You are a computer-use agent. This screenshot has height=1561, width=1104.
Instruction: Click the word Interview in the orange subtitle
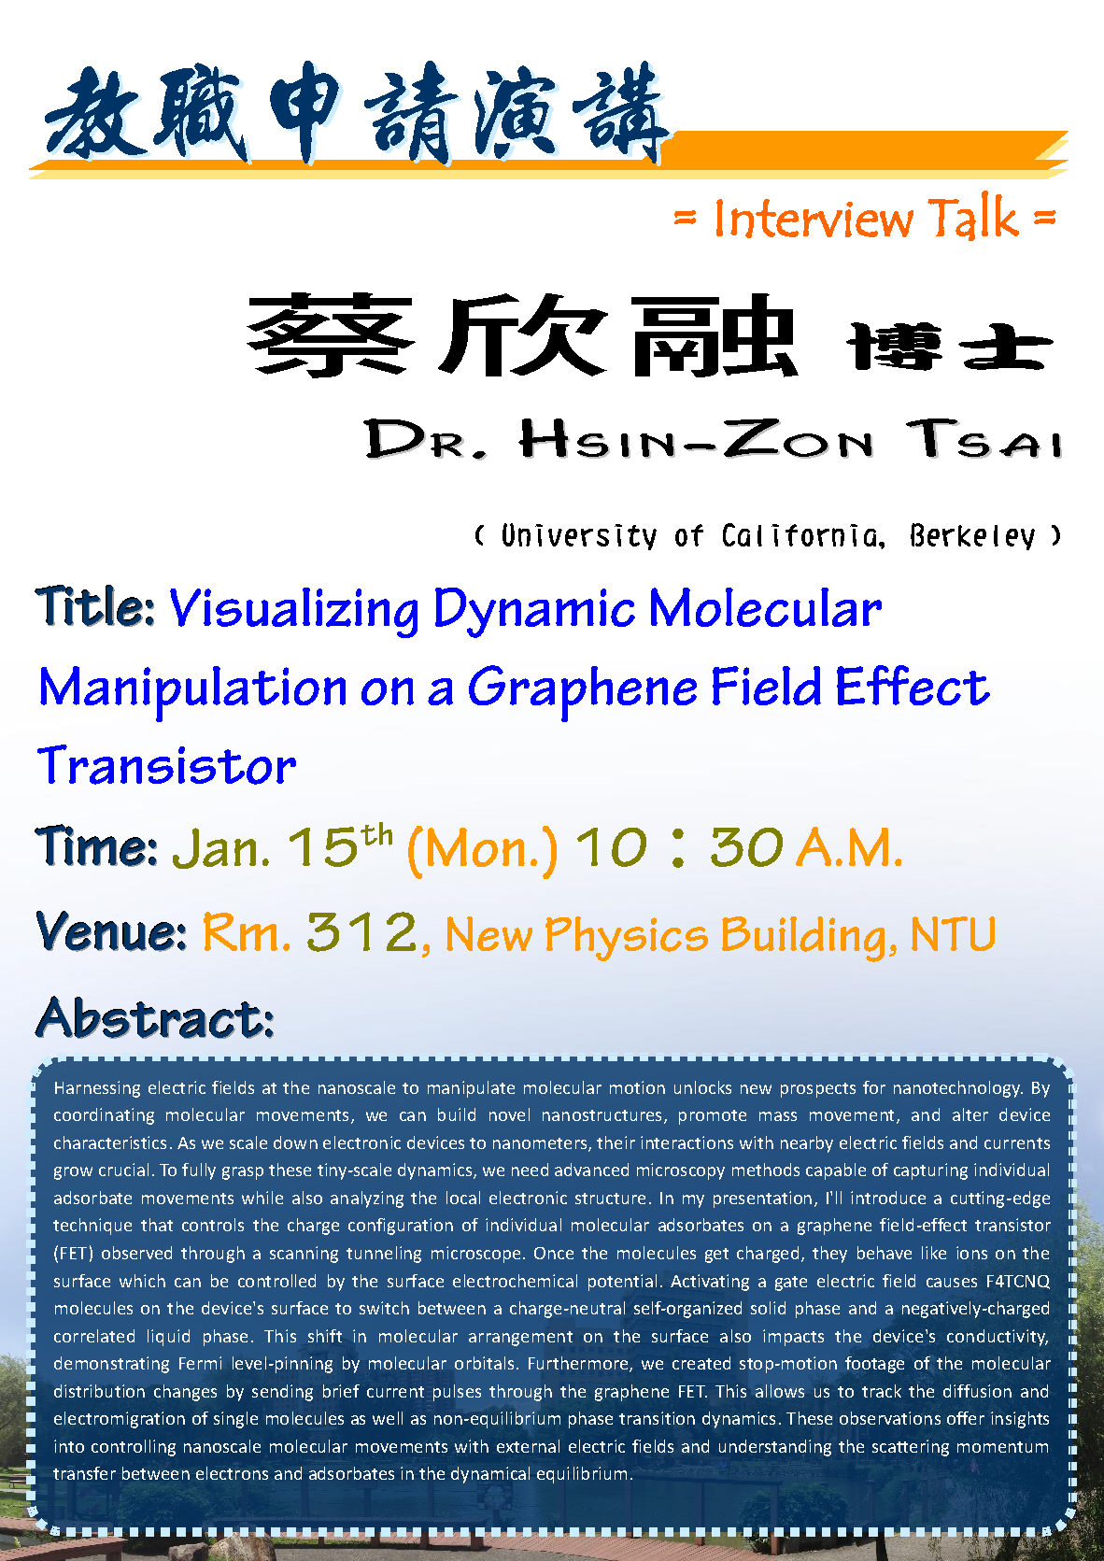pos(813,219)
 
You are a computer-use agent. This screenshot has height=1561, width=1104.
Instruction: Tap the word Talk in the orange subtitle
pos(973,218)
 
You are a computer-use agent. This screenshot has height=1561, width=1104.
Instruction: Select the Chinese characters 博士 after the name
pos(949,347)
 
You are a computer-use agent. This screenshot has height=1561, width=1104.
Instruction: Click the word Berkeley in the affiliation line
pos(971,536)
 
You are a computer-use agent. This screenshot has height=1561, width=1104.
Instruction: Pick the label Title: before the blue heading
pos(94,606)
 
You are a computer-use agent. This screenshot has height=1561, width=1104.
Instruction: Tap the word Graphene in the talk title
pos(582,688)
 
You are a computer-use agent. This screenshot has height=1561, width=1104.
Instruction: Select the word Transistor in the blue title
pos(166,766)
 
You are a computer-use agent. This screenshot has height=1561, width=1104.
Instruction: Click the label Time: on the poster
pos(96,846)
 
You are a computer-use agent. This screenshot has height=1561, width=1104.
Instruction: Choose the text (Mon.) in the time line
pos(482,849)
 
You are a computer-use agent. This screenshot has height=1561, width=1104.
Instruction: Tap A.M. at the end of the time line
pos(850,848)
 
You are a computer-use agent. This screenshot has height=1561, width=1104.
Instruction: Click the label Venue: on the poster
pos(111,931)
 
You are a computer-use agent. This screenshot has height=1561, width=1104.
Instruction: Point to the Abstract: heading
pos(155,1017)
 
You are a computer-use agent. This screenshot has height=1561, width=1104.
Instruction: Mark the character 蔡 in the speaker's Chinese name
pos(331,335)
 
